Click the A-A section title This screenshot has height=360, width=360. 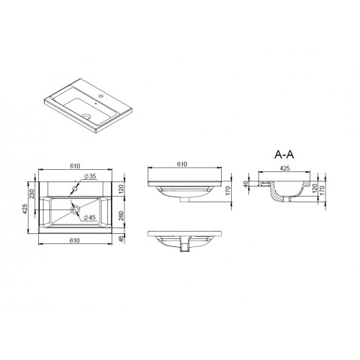point(284,155)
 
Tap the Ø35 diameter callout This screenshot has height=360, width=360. point(90,176)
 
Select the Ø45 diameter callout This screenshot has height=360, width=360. point(89,217)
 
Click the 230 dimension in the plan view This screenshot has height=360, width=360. point(32,194)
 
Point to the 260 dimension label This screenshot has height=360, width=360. point(121,216)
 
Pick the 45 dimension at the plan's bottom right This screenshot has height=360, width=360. point(121,238)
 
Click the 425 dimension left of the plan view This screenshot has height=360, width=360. point(24,209)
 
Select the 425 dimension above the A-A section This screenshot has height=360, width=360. point(284,168)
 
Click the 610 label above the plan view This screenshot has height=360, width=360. point(75,166)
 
